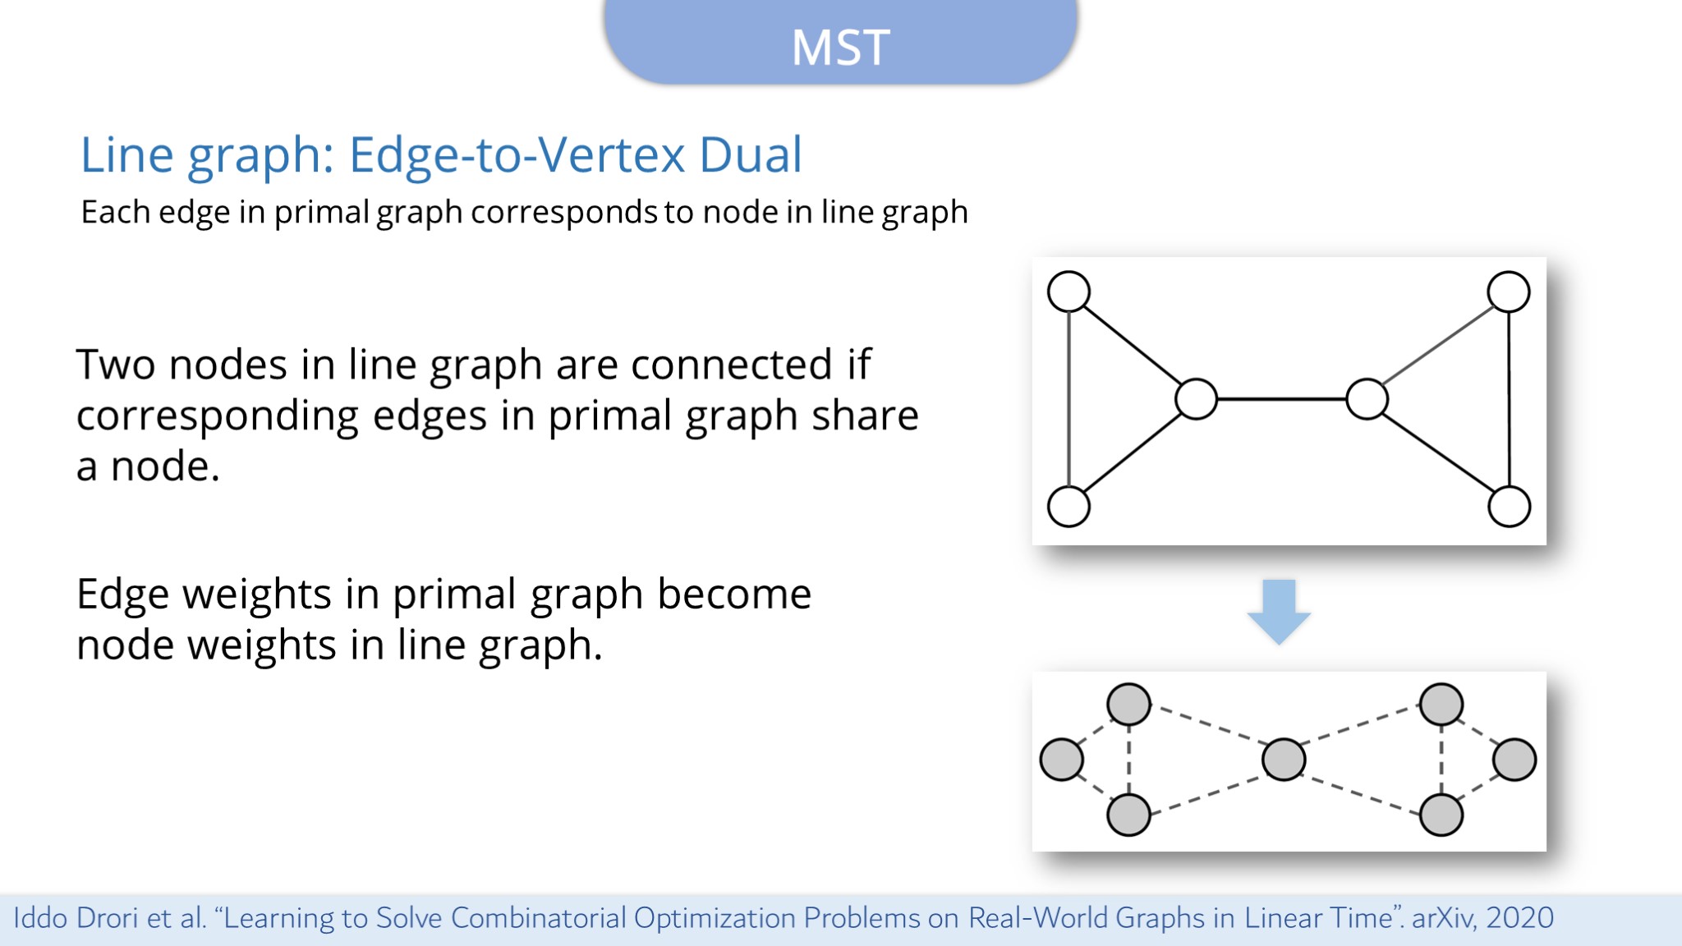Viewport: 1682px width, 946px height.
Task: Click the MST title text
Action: coord(840,47)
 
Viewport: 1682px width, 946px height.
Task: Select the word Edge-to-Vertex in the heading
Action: coord(517,154)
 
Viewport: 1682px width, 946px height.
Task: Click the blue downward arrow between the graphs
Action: coord(1279,612)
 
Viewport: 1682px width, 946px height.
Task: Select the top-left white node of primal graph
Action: coord(1068,292)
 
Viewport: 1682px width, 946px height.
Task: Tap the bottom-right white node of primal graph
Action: coord(1509,506)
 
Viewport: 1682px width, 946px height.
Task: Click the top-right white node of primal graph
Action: coord(1509,292)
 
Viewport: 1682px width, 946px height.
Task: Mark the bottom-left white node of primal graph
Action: coord(1068,506)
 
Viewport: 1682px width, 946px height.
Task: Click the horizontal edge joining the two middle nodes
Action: coord(1281,399)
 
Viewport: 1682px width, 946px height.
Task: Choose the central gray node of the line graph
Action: coord(1284,759)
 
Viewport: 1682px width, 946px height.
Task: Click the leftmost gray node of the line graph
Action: coord(1061,759)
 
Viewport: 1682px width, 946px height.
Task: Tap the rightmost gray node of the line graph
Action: coord(1514,759)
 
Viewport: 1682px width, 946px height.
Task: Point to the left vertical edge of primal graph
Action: coord(1068,399)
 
